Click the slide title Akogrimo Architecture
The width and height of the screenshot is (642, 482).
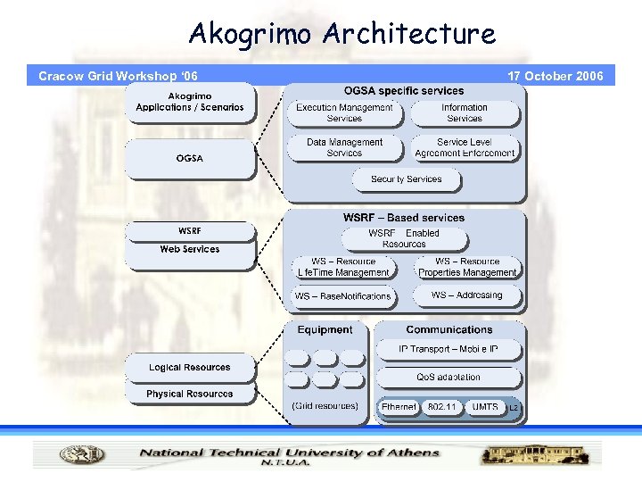pyautogui.click(x=342, y=34)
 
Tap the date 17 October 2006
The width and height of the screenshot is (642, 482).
pyautogui.click(x=555, y=76)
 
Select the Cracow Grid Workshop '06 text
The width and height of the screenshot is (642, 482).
pyautogui.click(x=118, y=76)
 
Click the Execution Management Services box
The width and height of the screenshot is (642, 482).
pyautogui.click(x=344, y=112)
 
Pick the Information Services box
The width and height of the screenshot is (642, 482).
pyautogui.click(x=464, y=112)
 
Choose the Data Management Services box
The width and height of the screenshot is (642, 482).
pyautogui.click(x=344, y=147)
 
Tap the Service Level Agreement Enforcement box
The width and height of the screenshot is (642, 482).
pyautogui.click(x=465, y=147)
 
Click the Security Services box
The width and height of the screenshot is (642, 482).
pyautogui.click(x=406, y=179)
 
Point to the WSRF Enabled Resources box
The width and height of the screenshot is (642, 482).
pyautogui.click(x=404, y=238)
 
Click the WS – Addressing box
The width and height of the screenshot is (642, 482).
pyautogui.click(x=466, y=295)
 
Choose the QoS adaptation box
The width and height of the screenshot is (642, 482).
pyautogui.click(x=449, y=377)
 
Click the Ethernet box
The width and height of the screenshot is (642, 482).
pyautogui.click(x=399, y=407)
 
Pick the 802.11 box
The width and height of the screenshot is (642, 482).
pyautogui.click(x=441, y=407)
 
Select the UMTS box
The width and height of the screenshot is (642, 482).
pyautogui.click(x=485, y=407)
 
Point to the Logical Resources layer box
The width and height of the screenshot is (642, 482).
pyautogui.click(x=189, y=368)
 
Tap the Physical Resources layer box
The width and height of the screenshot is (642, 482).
pyautogui.click(x=189, y=394)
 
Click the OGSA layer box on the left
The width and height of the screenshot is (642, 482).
pyautogui.click(x=189, y=158)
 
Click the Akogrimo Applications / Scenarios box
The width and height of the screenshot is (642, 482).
pyautogui.click(x=189, y=102)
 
